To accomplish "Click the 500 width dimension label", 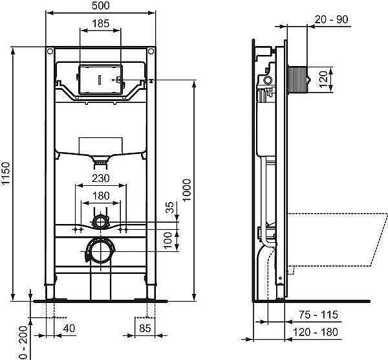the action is pos(100,6).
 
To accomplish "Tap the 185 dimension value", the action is pos(100,24).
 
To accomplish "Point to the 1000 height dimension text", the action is pos(187,190).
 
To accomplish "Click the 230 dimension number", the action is pos(101,178).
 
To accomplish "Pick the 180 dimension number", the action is pos(101,196).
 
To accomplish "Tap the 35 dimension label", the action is pos(169,208).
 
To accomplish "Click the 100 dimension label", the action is pos(168,241).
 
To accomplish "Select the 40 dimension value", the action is pos(69,328).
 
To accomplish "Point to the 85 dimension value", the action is pos(145,328).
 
